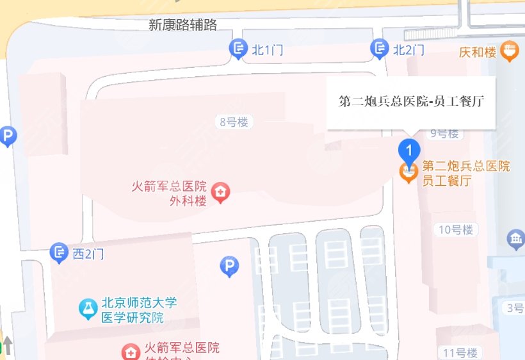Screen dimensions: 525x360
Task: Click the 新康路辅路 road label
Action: coord(182,25)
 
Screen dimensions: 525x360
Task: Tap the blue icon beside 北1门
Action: coord(238,48)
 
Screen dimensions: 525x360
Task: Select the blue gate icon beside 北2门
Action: coord(380,48)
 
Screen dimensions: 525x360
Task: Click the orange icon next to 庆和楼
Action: coord(510,50)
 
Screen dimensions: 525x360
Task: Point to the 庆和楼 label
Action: coord(478,52)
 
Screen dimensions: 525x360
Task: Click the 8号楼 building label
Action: coord(233,122)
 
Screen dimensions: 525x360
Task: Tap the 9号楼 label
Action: coord(445,133)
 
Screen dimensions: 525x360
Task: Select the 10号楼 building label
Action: coord(456,229)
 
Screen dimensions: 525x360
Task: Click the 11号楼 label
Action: coord(460,352)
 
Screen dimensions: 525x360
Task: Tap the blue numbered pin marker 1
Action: coord(409,151)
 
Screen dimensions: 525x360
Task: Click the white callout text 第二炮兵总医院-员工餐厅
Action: coord(411,102)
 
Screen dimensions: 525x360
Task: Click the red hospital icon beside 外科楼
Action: coord(221,192)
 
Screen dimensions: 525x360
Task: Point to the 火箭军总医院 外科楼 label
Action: coord(169,193)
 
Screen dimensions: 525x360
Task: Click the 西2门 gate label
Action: coord(88,254)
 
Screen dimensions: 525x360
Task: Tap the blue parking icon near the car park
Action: coord(229,266)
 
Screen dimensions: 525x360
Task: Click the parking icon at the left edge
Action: coord(7,136)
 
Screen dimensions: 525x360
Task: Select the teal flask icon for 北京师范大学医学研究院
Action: coord(88,309)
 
